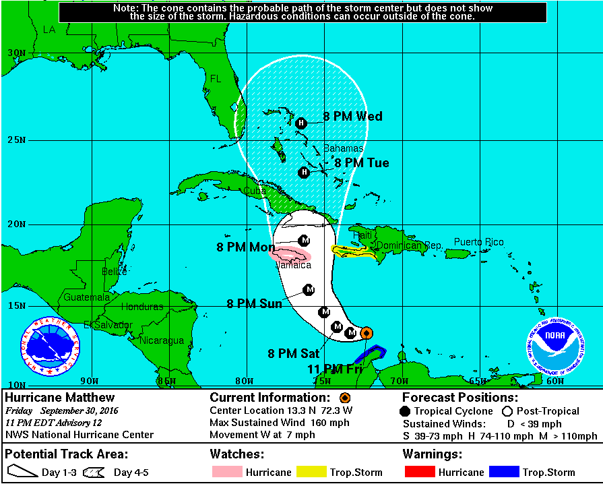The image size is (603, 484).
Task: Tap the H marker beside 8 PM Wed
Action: [301, 123]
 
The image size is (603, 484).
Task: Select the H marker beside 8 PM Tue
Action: [304, 173]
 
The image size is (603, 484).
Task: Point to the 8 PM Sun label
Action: [254, 304]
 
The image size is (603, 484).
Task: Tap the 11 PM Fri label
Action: [334, 369]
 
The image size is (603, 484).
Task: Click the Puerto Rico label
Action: [478, 242]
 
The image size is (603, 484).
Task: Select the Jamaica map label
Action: [294, 265]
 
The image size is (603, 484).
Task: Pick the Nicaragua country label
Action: [162, 340]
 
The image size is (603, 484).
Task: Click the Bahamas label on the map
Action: [344, 148]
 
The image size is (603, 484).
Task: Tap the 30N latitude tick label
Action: [16, 53]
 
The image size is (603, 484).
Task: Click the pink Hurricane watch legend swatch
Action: [226, 472]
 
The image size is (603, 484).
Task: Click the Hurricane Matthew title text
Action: [60, 398]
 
